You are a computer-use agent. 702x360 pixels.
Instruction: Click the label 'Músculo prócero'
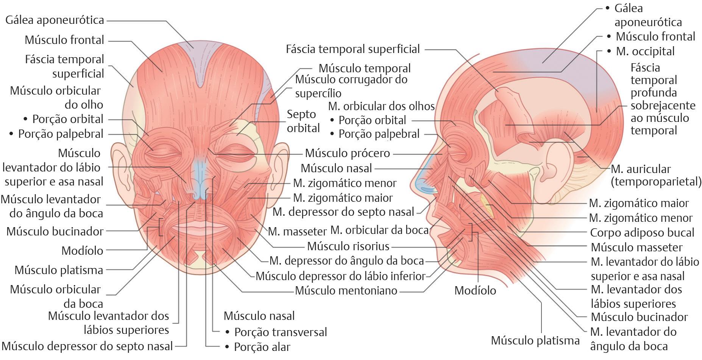pos(347,153)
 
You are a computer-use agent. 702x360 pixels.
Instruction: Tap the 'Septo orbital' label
pos(303,121)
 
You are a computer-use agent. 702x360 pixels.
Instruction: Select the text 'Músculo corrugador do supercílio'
pos(351,86)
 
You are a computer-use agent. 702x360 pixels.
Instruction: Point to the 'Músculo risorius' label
pos(348,246)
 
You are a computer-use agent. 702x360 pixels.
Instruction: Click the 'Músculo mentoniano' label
pos(346,291)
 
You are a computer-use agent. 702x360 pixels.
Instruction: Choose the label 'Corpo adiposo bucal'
pos(642,232)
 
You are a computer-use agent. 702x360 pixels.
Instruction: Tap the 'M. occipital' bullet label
pos(645,51)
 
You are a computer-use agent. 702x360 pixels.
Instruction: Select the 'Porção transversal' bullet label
pos(280,332)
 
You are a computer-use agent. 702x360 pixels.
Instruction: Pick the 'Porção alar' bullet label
pos(262,347)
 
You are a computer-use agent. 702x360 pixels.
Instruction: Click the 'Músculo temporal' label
pos(364,68)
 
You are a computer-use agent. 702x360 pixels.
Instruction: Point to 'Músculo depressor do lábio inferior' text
pos(340,276)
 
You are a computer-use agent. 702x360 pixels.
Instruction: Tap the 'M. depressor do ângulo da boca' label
pos(346,261)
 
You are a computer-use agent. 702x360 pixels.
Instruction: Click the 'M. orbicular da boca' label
pos(379,230)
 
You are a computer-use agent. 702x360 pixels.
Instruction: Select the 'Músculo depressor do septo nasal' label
pos(87,346)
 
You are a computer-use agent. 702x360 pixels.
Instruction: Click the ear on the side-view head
pos(555,163)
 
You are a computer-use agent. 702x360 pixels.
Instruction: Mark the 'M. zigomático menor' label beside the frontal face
pos(345,183)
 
